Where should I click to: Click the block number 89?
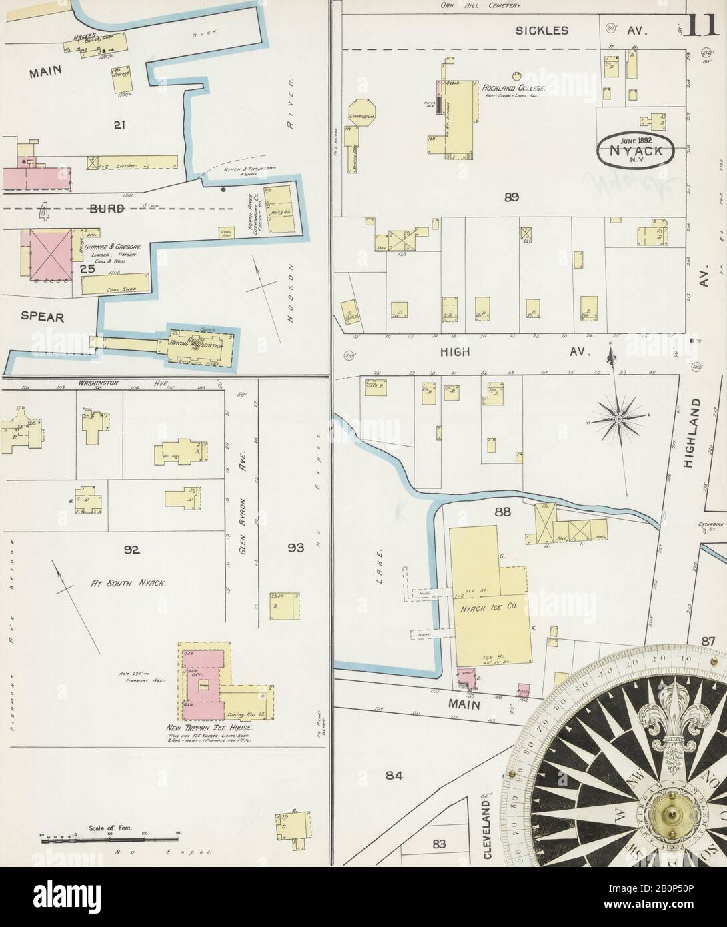(512, 197)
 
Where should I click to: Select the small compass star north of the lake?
(618, 419)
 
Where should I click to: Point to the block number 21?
(119, 123)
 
